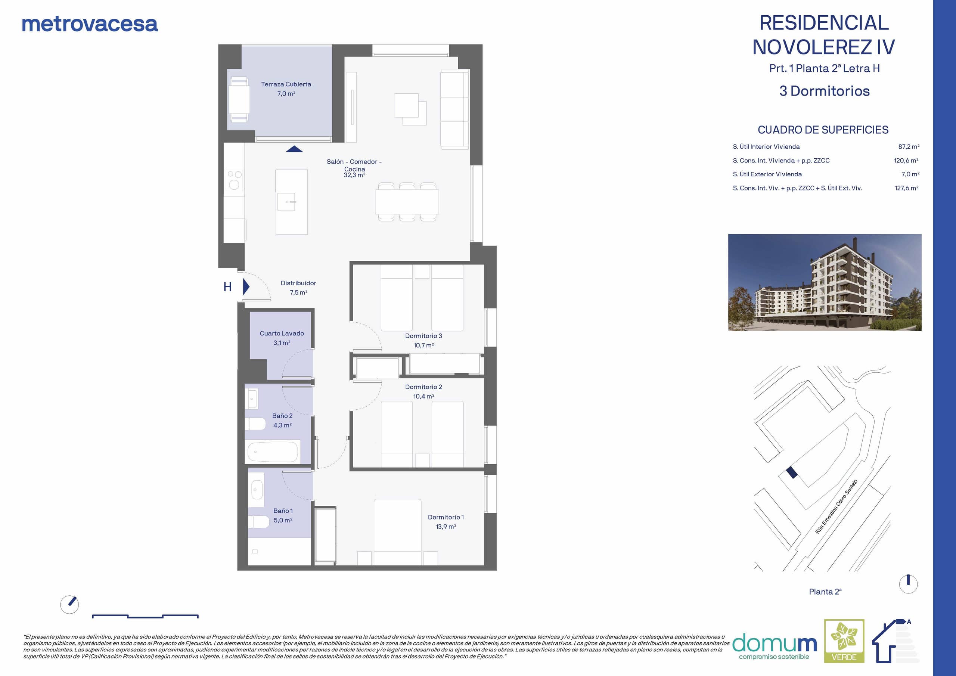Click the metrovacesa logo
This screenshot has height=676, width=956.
coord(90,24)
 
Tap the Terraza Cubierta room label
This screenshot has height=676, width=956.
coord(286,84)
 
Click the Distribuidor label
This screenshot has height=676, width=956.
coord(298,283)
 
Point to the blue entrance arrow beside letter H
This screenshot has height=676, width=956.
coord(246,286)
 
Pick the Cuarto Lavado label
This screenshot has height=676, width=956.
coord(282,333)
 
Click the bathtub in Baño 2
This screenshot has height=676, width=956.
coord(273,452)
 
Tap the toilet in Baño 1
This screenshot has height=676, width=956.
coord(258,522)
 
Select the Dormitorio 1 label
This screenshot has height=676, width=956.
coord(446,517)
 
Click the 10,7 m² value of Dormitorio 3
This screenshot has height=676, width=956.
coord(423,345)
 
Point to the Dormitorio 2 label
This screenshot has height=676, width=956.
coord(423,387)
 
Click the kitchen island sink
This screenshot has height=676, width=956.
coord(287,202)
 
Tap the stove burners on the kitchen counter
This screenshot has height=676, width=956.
coord(234,180)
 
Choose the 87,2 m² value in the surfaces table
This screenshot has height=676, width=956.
coord(909,147)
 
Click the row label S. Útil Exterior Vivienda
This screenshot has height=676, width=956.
coord(767,174)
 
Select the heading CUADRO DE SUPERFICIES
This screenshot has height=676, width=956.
coord(823,130)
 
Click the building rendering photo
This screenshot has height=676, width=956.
coord(825,282)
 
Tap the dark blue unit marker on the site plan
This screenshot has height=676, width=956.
coord(792,473)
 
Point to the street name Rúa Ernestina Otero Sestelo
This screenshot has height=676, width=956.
coord(836,506)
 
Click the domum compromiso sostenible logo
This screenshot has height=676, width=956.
coord(775,647)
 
